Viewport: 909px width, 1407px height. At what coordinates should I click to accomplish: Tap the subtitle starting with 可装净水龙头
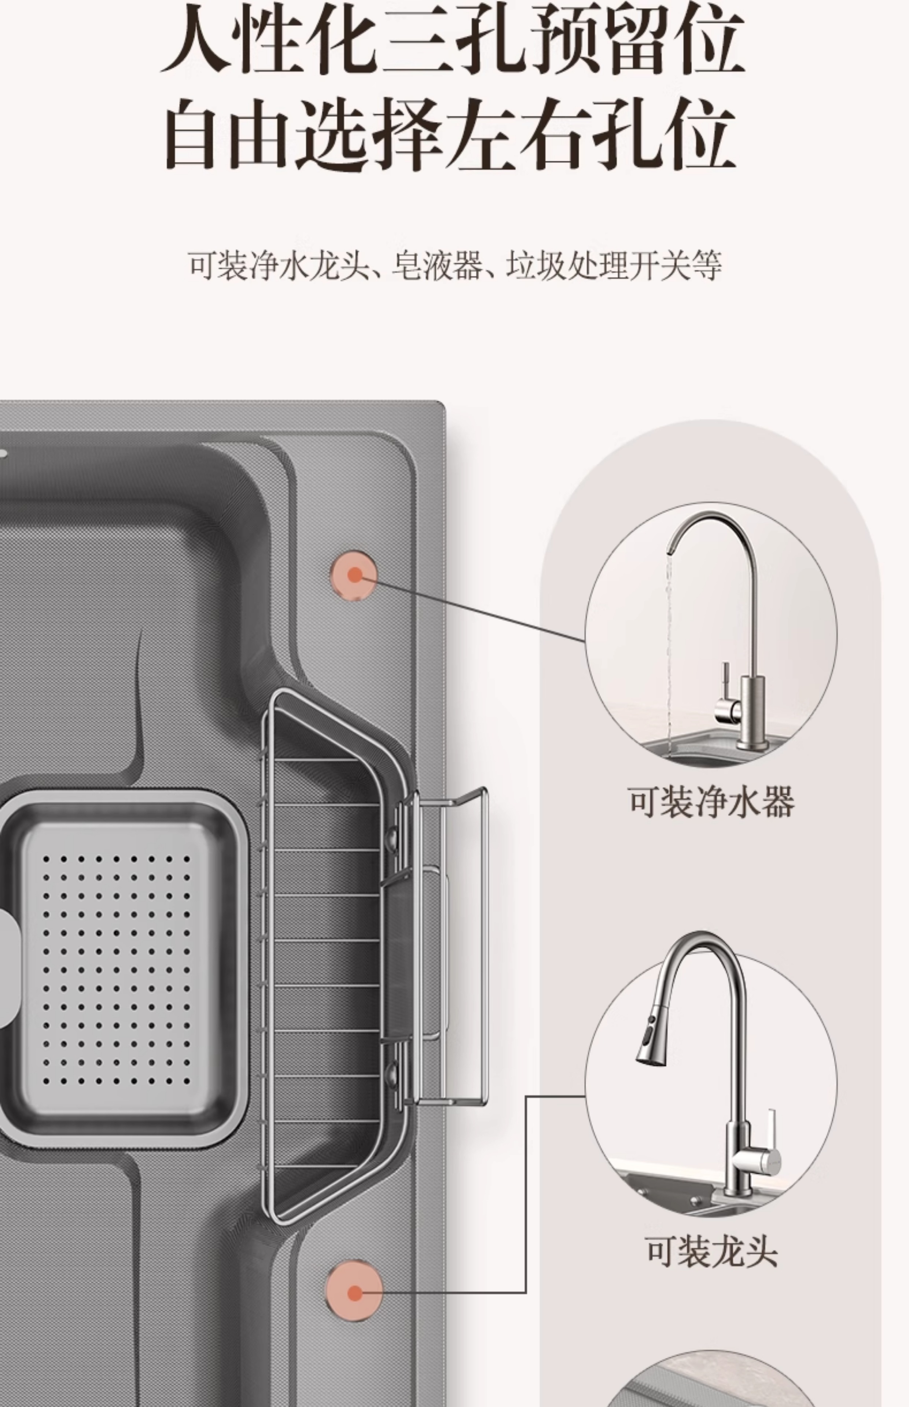point(454,266)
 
